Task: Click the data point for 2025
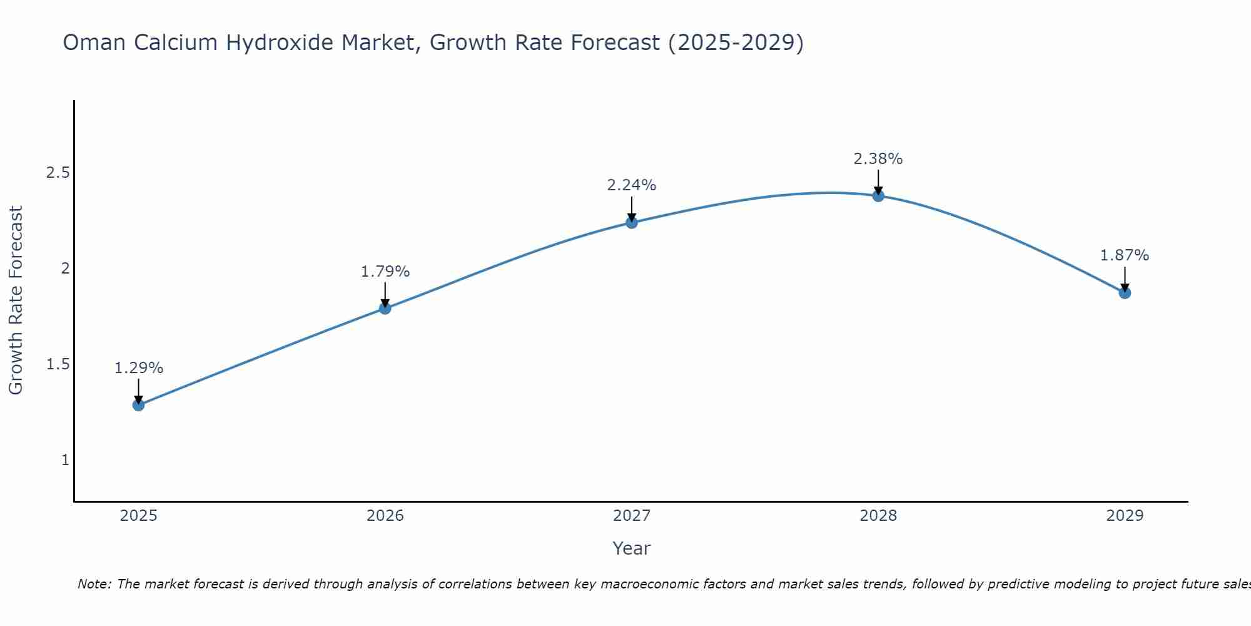[x=138, y=405]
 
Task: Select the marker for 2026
[x=385, y=308]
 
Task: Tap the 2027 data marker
[x=632, y=222]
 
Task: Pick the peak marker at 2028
[x=878, y=196]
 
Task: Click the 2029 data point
[x=1125, y=292]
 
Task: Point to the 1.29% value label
[x=138, y=368]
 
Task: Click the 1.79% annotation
[x=385, y=272]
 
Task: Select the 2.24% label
[x=632, y=185]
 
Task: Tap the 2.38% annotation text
[x=878, y=159]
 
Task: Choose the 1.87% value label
[x=1125, y=255]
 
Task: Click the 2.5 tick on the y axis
[x=58, y=173]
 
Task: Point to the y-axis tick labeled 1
[x=65, y=460]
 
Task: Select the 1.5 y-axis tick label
[x=58, y=364]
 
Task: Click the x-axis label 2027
[x=632, y=516]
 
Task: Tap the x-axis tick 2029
[x=1125, y=516]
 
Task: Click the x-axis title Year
[x=632, y=548]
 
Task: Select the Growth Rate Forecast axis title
[x=16, y=300]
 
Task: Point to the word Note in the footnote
[x=94, y=584]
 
